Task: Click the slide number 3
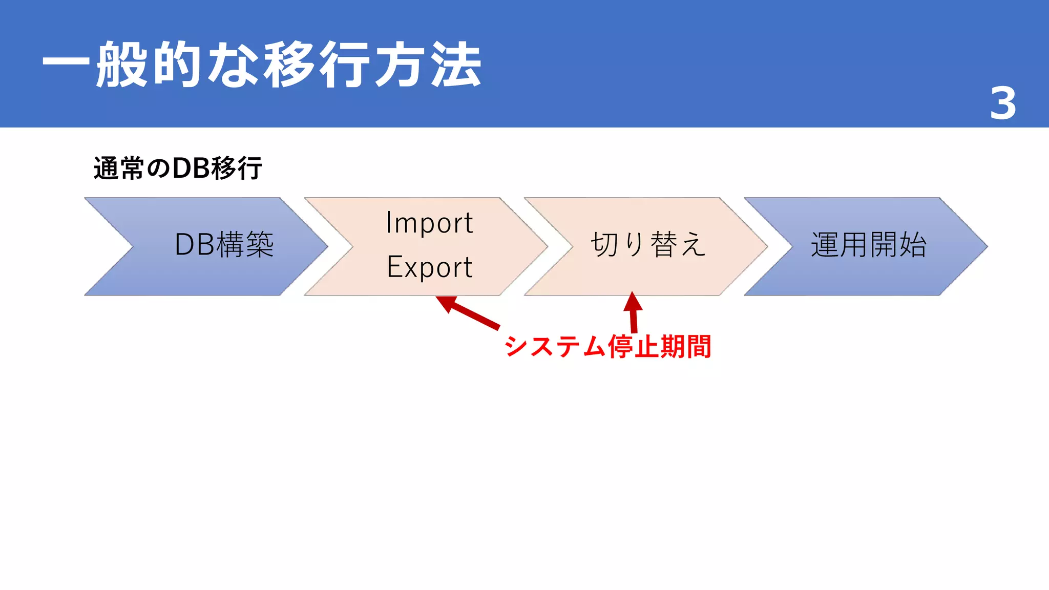point(1003,103)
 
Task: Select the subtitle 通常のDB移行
point(178,168)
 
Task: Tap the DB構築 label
point(224,244)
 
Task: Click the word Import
point(429,223)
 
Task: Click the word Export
point(429,267)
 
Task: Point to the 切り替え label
point(648,244)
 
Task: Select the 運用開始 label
point(869,244)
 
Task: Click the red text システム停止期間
point(608,346)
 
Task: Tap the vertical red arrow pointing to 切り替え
point(633,312)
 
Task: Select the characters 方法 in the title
point(428,65)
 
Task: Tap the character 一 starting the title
point(66,65)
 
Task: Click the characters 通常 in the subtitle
point(118,168)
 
